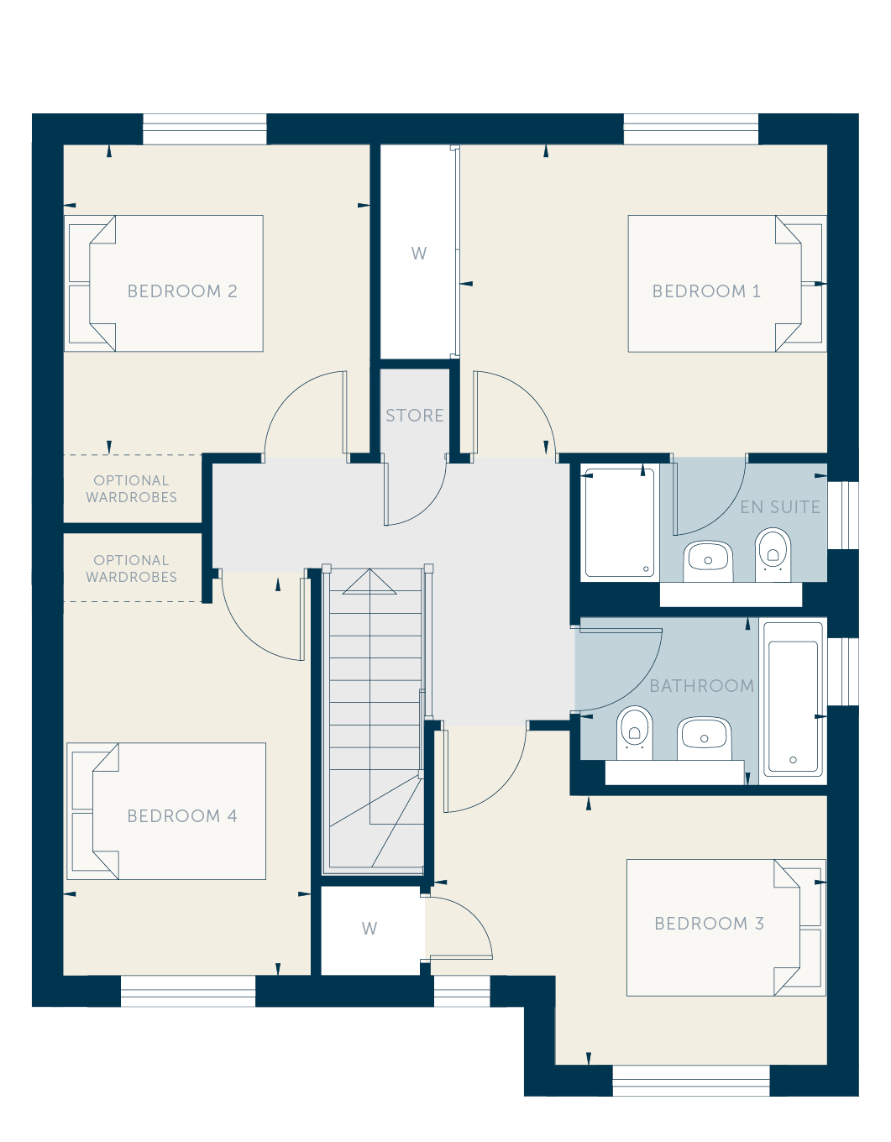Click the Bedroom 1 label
pos(706,291)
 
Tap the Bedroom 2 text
pos(182,291)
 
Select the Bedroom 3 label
pos(709,924)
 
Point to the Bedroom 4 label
pos(182,815)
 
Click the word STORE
pos(415,416)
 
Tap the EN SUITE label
pos(780,507)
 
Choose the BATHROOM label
pos(702,686)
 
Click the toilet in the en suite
pos(773,554)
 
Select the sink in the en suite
pos(708,561)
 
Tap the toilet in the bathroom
pos(634,733)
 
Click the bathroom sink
pos(704,738)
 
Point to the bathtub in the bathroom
pos(793,701)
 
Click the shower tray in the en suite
pos(620,522)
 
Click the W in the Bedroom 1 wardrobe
pos(419,254)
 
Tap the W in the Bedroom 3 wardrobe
pos(370,929)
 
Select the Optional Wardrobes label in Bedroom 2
pos(131,489)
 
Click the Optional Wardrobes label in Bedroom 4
pos(131,568)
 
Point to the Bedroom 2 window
pos(204,128)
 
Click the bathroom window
pos(843,671)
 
